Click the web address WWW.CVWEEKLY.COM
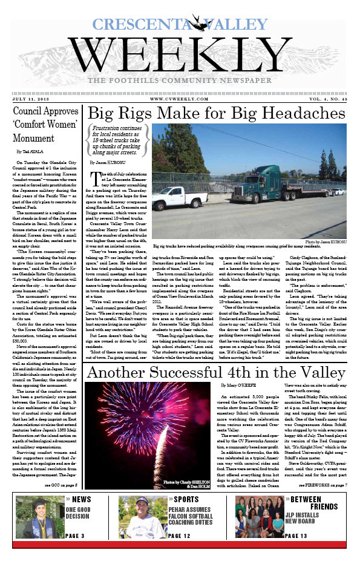179,99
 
